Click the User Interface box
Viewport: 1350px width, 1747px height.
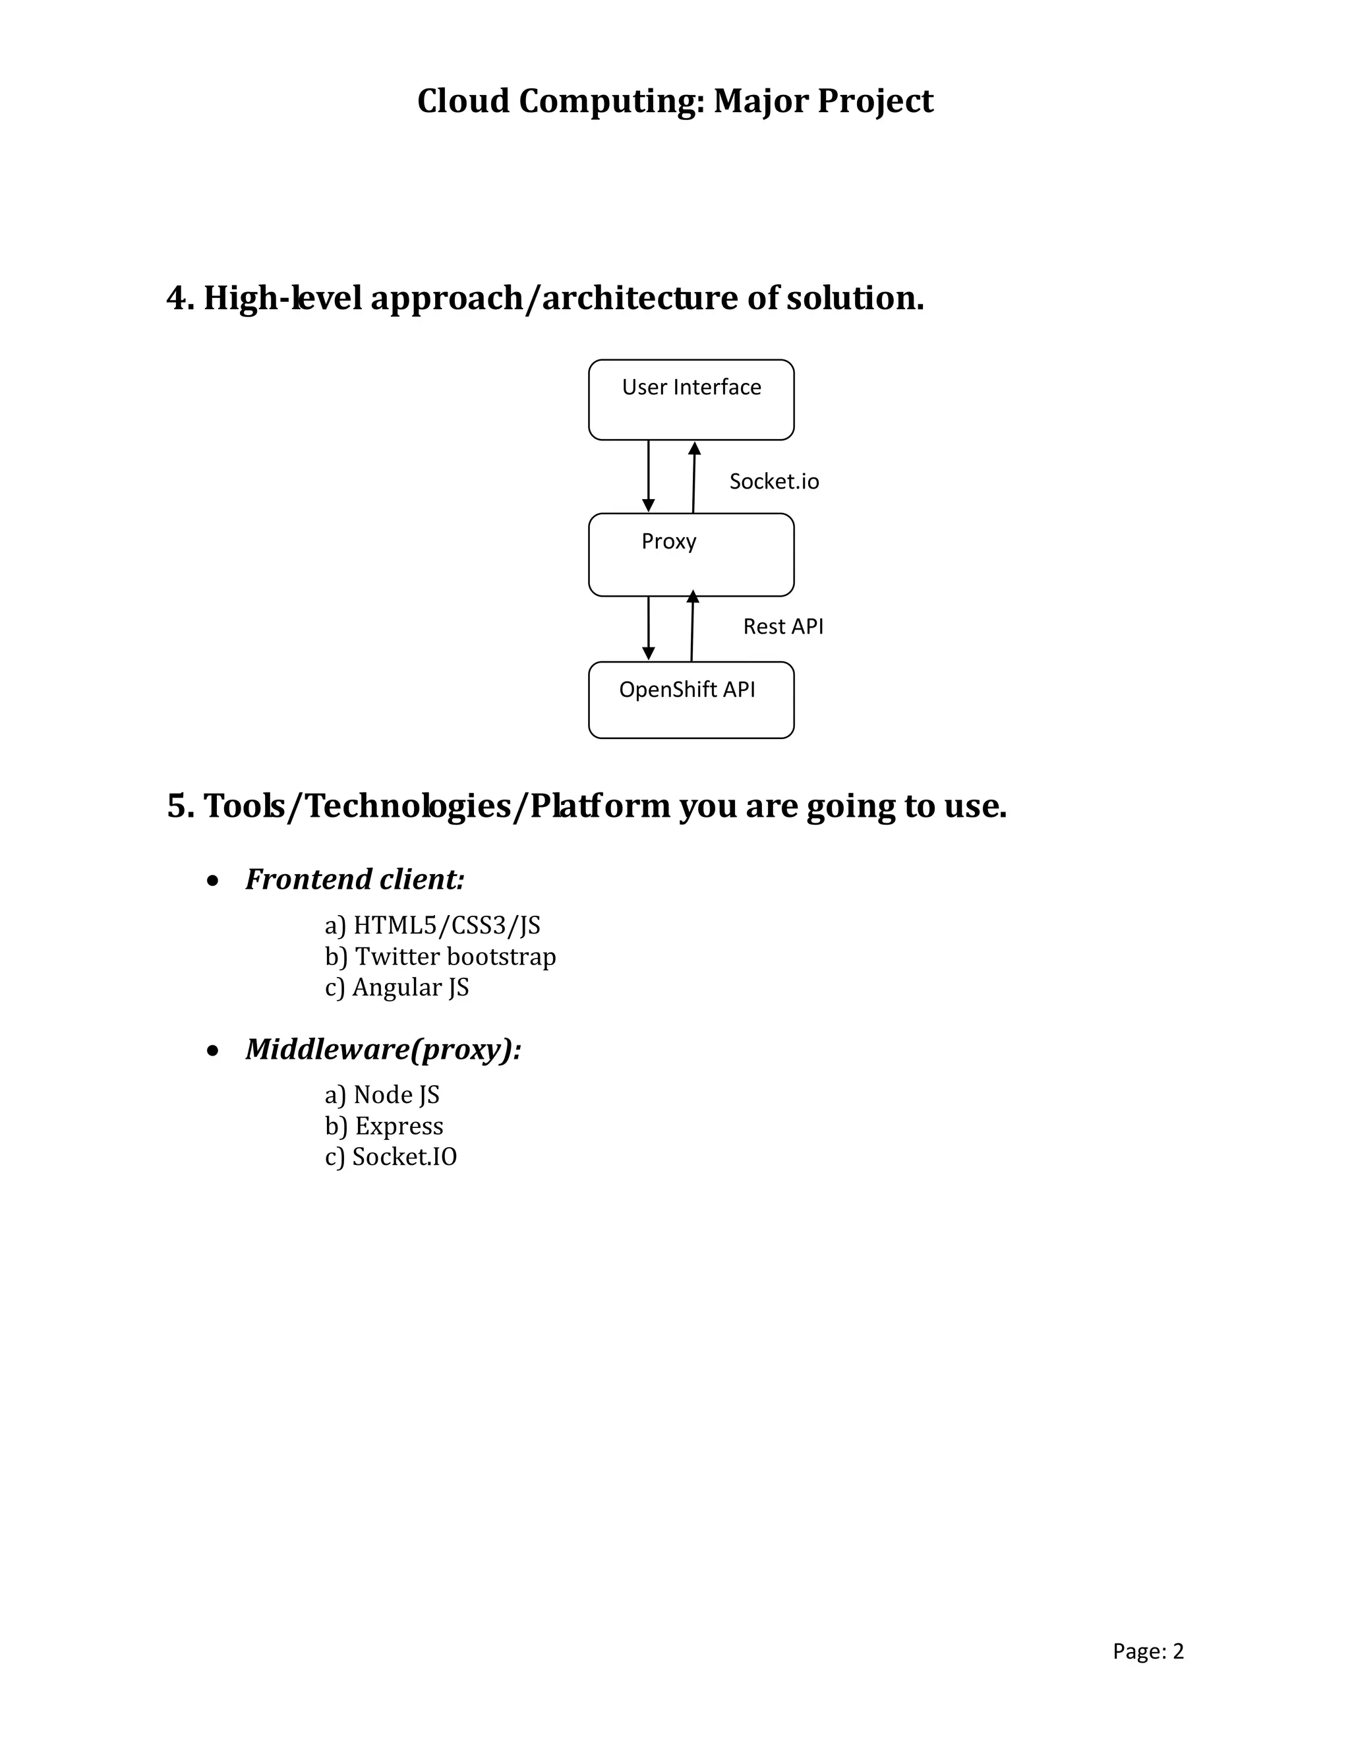(691, 400)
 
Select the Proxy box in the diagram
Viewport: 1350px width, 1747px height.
(691, 555)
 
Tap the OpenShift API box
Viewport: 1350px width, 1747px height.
(691, 700)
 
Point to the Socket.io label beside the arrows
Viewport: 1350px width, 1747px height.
(773, 481)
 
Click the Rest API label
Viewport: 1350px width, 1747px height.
(783, 626)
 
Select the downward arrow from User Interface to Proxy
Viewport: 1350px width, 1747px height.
(649, 476)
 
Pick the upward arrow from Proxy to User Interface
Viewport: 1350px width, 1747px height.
(694, 477)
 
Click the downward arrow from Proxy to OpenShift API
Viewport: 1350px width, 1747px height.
(649, 628)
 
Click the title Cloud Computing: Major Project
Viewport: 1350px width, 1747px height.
(675, 102)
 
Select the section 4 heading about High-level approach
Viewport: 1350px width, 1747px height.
(544, 297)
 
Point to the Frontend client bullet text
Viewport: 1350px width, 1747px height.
(354, 879)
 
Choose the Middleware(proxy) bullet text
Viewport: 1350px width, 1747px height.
(383, 1049)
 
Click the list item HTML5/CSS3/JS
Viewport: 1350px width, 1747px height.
(432, 926)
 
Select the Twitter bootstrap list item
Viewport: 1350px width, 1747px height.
(441, 957)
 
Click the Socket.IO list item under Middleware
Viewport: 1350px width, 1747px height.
(391, 1157)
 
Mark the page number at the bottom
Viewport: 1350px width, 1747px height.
(1148, 1651)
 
